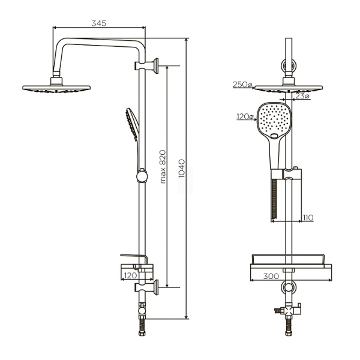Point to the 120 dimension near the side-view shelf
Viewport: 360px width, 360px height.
pos(128,275)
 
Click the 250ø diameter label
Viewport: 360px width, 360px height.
pos(242,85)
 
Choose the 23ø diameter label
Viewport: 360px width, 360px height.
pos(302,96)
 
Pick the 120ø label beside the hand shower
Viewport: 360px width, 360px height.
pos(245,117)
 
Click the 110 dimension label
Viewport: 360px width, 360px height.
pos(307,217)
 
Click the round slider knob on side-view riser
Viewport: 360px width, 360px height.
pos(142,176)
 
